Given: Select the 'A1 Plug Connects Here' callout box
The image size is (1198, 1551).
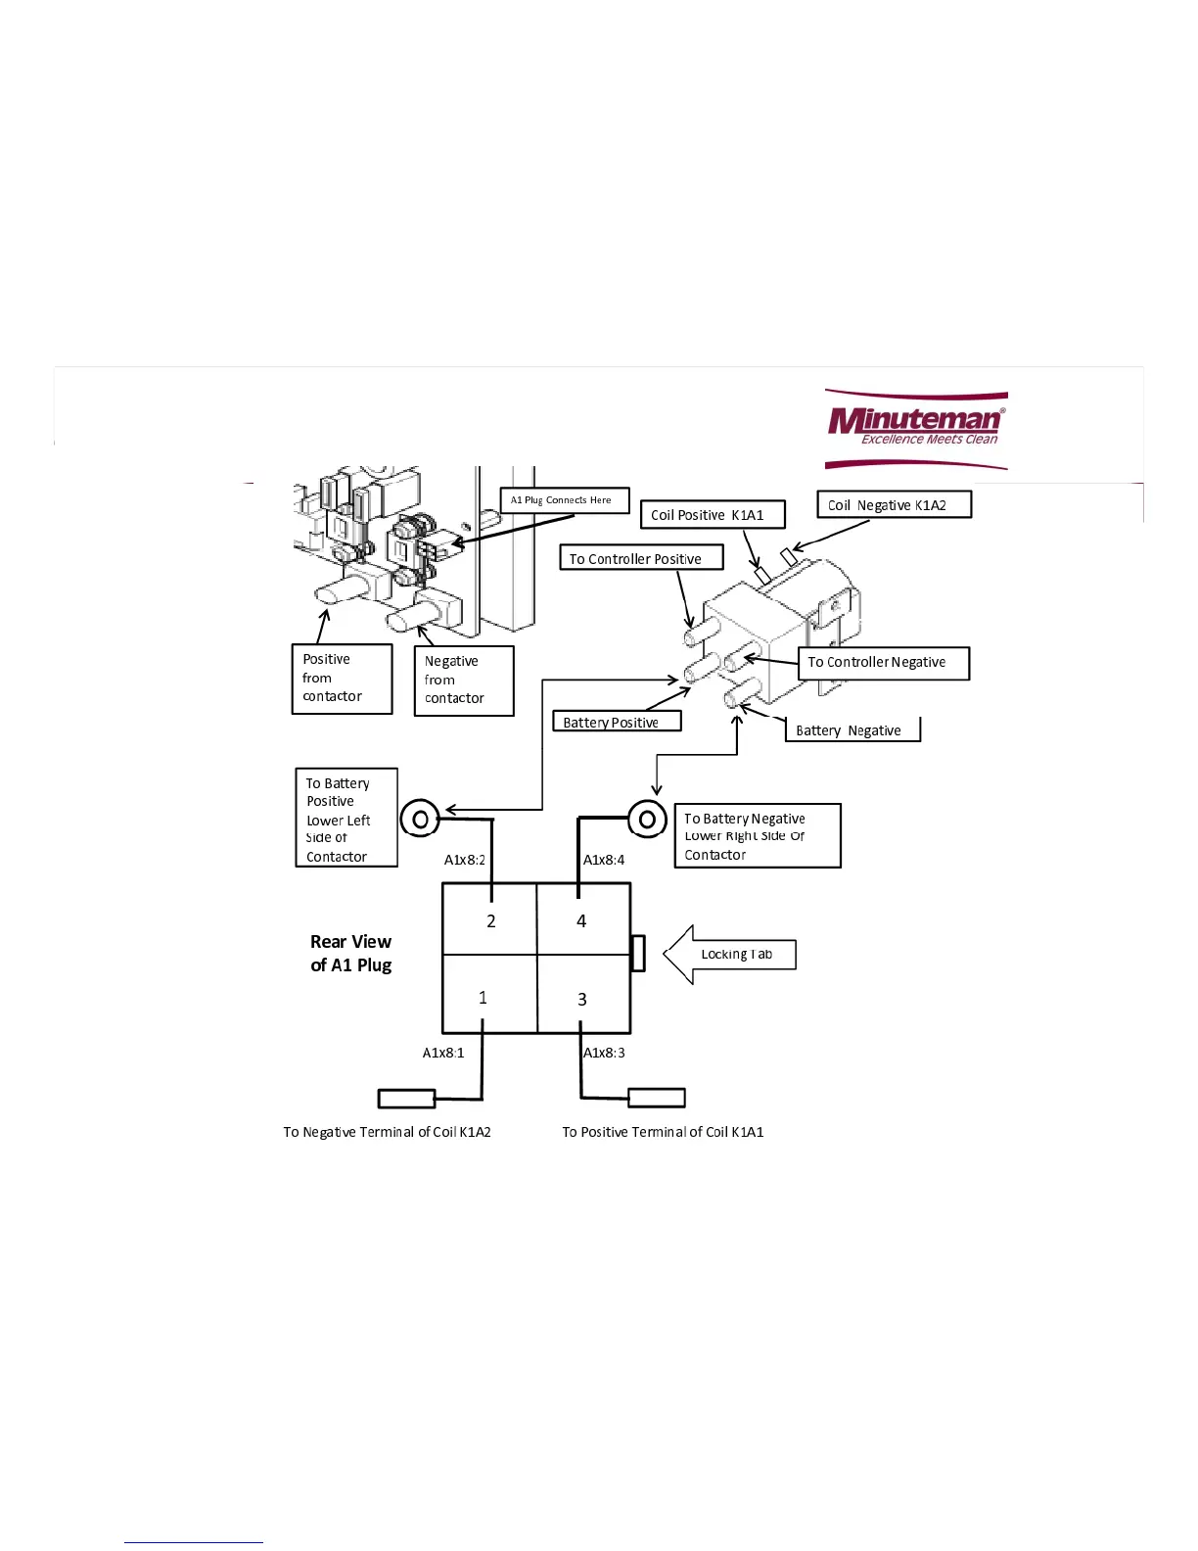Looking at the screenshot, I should point(564,500).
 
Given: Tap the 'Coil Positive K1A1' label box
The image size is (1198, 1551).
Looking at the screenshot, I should point(712,515).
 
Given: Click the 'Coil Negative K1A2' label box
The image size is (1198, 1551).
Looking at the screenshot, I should point(894,505).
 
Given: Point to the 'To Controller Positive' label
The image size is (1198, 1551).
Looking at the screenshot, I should point(640,558).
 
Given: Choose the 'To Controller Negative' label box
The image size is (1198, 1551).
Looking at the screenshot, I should point(883,663).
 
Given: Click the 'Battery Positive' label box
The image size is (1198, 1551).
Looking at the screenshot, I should point(616,722).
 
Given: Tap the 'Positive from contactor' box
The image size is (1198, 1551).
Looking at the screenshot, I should point(342,679).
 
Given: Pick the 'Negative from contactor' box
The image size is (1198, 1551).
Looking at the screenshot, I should point(464,681).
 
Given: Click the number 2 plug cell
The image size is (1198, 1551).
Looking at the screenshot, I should point(489,920).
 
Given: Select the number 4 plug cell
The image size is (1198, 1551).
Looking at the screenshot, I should point(583,920).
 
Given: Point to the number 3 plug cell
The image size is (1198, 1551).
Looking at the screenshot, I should point(583,997).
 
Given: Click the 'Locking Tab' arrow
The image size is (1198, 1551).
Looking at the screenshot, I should point(730,955).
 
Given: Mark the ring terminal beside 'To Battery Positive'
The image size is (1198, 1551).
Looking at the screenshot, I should point(420,819).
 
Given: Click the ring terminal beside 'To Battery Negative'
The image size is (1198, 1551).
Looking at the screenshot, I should point(647,819).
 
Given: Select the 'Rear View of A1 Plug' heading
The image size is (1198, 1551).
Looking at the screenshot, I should point(350,954).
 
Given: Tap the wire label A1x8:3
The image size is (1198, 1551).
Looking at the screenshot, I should point(605,1053).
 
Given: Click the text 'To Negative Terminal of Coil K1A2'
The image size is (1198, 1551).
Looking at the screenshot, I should point(387,1132).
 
